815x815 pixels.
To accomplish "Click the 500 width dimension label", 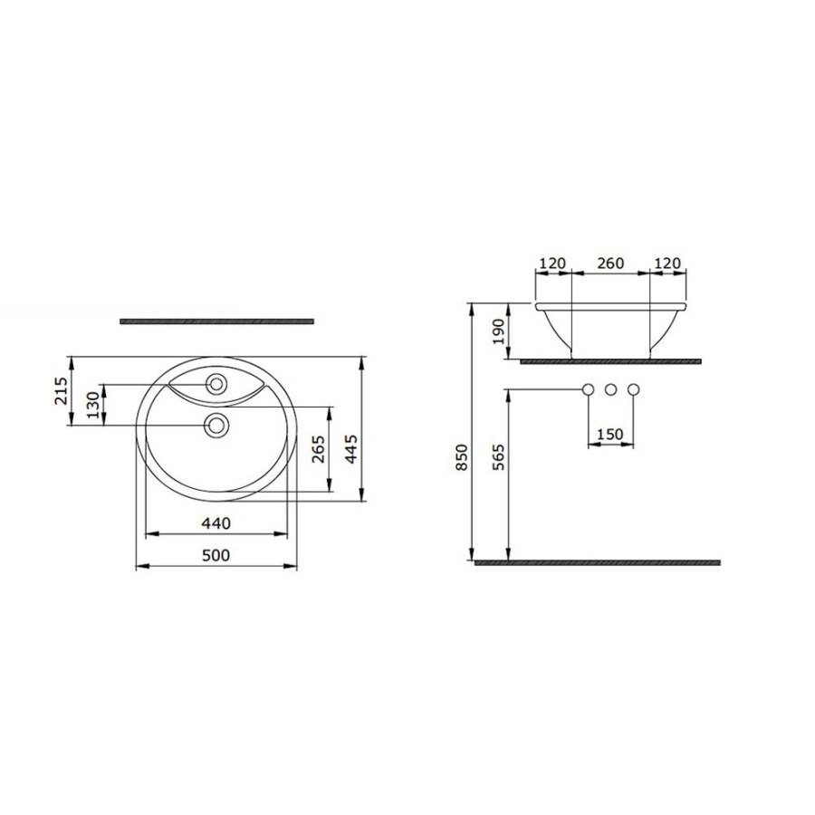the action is pyautogui.click(x=216, y=556).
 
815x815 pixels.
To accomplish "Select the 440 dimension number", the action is pyautogui.click(x=216, y=523).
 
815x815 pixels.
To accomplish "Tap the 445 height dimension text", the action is pyautogui.click(x=352, y=449).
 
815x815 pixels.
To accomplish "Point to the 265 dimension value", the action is pyautogui.click(x=319, y=449).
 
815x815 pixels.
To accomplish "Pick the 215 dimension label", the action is pyautogui.click(x=61, y=391).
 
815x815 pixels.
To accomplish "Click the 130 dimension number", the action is pyautogui.click(x=92, y=406).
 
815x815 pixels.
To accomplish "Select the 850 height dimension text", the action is pyautogui.click(x=462, y=457).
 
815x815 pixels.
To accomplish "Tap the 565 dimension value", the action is pyautogui.click(x=498, y=457).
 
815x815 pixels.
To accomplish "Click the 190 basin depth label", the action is pyautogui.click(x=498, y=331).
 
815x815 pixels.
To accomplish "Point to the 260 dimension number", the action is pyautogui.click(x=610, y=264).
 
